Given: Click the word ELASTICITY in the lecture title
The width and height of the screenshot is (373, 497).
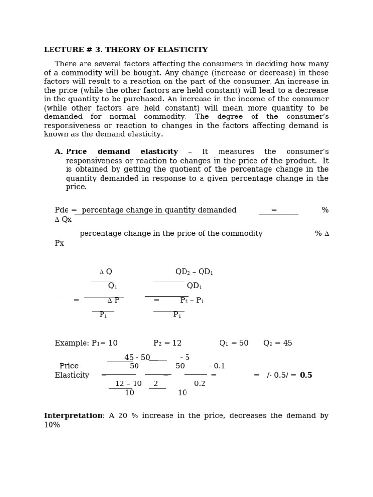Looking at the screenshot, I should click(x=187, y=50).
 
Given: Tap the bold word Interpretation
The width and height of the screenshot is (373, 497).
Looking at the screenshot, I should click(x=73, y=416).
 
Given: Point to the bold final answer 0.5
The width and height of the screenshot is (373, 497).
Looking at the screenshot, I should click(x=306, y=375).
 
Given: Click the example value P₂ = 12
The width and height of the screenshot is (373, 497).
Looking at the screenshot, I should click(x=168, y=343).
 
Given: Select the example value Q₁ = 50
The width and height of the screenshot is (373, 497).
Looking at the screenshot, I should click(x=234, y=343).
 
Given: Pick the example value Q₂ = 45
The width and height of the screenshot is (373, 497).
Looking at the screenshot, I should click(x=278, y=343).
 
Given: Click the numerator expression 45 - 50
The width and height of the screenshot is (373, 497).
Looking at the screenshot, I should click(x=137, y=358).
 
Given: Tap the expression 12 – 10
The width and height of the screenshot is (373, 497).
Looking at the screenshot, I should click(x=128, y=384).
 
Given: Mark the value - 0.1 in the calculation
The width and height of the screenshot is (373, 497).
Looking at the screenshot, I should click(x=217, y=366).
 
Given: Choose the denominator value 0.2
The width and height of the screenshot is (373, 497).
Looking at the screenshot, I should click(x=200, y=384).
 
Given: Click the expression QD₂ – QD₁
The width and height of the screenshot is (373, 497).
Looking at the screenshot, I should click(x=194, y=272).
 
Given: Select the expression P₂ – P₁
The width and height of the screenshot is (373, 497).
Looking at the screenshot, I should click(x=192, y=301).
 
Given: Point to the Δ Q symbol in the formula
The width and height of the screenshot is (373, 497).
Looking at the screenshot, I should click(x=105, y=272).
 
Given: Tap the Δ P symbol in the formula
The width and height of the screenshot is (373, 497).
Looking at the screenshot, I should click(x=113, y=301).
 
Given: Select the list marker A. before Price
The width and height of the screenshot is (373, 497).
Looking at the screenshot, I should click(x=59, y=152).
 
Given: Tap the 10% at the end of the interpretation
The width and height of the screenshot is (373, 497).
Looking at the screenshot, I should click(x=52, y=425).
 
